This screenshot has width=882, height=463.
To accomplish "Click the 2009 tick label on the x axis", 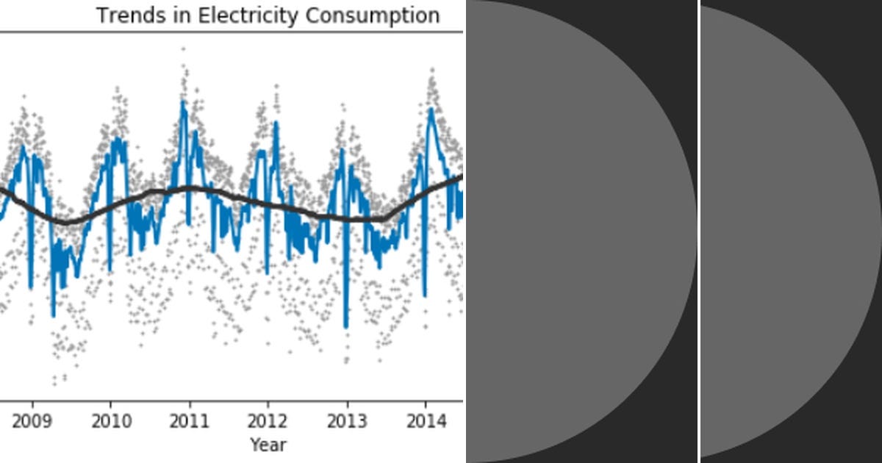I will [x=32, y=421].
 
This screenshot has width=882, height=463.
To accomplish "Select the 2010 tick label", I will [x=111, y=421].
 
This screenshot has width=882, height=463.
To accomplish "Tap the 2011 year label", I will [x=190, y=421].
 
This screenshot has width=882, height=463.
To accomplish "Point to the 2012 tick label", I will [x=268, y=421].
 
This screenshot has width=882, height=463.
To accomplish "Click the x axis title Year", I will [x=268, y=445].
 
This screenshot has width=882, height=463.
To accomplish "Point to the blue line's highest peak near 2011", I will [x=183, y=101].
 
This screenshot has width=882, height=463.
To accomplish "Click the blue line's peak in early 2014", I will [x=431, y=109].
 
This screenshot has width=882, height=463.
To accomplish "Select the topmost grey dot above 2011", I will [x=183, y=49].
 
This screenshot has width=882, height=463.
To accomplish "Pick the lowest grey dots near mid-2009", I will [x=54, y=382].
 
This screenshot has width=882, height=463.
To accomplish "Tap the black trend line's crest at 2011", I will [x=190, y=188].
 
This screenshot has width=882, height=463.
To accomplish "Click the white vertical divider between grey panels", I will [x=698, y=232].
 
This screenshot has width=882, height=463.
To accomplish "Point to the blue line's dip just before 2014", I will [x=424, y=295].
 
